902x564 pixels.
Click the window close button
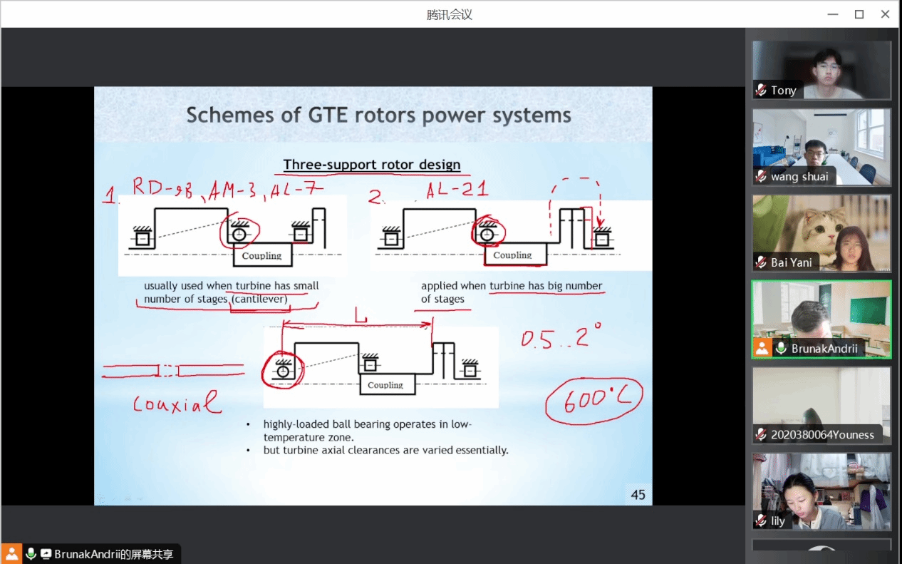coord(886,14)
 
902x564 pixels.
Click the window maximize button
coord(859,14)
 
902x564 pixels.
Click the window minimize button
coord(832,14)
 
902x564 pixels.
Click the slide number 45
coord(638,494)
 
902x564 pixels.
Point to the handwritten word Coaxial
coord(177,404)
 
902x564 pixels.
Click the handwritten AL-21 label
coord(457,190)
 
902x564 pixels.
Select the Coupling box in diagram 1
coord(261,255)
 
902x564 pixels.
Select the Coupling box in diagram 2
coord(512,255)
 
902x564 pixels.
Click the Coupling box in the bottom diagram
coord(385,385)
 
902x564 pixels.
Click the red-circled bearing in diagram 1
coord(239,233)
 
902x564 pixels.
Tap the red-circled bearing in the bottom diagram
coord(283,371)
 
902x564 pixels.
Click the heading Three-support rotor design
coord(372,165)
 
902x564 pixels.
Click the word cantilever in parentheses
coord(259,299)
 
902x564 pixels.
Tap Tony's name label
coord(783,91)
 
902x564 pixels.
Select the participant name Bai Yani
coord(791,262)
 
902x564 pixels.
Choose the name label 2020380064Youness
coord(822,434)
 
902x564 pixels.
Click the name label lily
coord(777,521)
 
